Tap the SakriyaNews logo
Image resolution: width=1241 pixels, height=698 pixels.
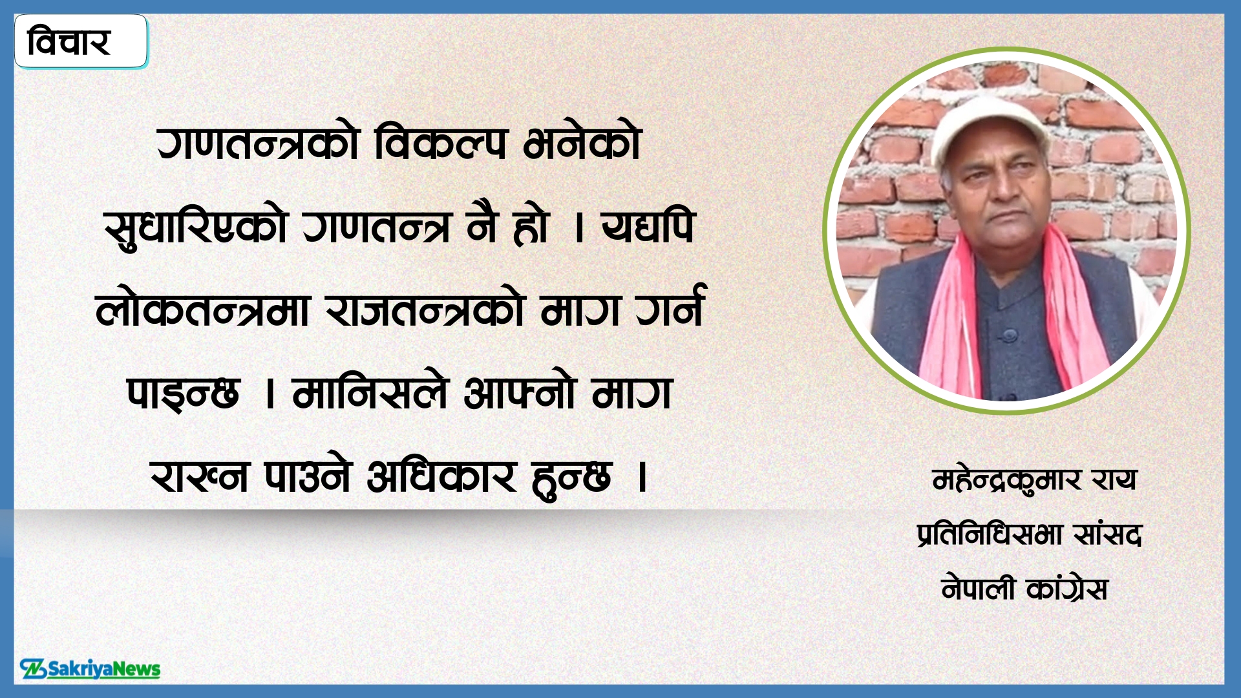point(90,669)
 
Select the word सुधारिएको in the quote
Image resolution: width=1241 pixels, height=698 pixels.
point(195,227)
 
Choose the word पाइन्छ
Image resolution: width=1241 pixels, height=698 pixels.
point(183,393)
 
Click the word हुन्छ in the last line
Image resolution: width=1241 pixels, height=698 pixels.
point(571,478)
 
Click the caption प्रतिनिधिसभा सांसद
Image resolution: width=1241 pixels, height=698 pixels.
point(1029,535)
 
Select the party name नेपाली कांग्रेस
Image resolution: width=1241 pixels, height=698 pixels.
point(1025,589)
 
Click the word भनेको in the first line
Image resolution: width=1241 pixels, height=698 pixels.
point(582,143)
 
